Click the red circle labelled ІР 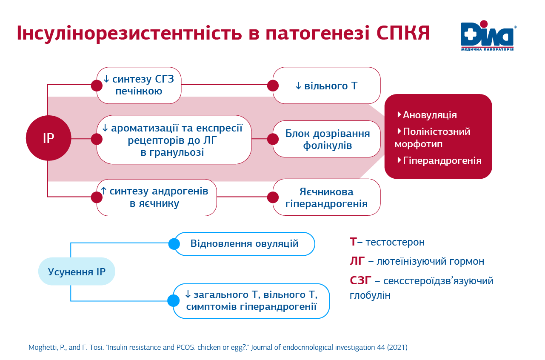[49, 138]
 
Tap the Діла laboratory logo [488, 36]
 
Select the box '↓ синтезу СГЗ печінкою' [139, 86]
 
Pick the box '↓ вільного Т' [326, 86]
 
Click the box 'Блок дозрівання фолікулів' [326, 139]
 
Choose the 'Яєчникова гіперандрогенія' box [326, 197]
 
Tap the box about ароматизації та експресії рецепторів [174, 140]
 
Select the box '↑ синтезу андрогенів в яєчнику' [157, 197]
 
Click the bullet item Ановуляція [427, 115]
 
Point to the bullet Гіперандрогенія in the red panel [439, 160]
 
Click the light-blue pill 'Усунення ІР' [77, 271]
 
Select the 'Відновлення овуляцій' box [245, 244]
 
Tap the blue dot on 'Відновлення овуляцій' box [174, 244]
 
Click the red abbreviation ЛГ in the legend [357, 261]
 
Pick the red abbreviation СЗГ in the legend [360, 280]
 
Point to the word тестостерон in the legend [395, 242]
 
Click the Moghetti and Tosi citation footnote [218, 347]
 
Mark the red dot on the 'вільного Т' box [273, 86]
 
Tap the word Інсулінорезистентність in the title [129, 33]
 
